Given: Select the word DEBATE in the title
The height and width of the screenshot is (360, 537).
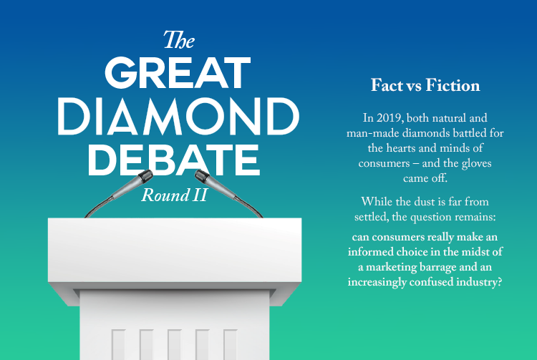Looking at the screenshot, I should (177, 159).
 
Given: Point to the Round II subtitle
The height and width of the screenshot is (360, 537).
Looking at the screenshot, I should (174, 195).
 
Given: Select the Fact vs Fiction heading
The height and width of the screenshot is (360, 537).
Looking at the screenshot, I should (425, 86).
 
